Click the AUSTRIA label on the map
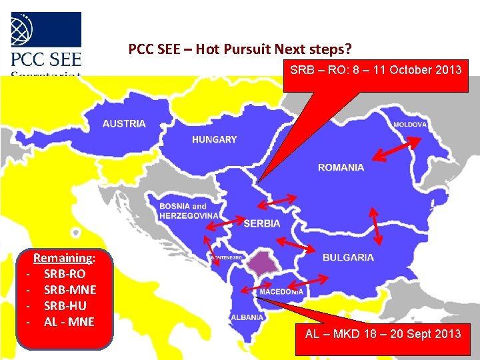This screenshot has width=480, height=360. (x=124, y=123)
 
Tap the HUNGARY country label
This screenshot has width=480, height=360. (x=214, y=139)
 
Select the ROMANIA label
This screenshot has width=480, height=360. (x=341, y=167)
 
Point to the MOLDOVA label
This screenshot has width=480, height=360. (x=410, y=125)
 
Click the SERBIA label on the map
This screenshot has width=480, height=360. (x=262, y=223)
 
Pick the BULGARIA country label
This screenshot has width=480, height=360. (x=348, y=257)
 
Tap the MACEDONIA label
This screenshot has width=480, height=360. (x=281, y=292)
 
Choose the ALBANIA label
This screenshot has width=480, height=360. (x=247, y=317)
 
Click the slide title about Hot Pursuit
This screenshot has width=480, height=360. (x=240, y=49)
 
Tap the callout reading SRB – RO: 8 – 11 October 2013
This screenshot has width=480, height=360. (x=375, y=69)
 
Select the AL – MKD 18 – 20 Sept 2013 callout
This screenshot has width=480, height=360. (x=383, y=333)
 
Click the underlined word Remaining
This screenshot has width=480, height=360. (x=63, y=258)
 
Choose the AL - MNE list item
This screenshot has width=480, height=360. (x=69, y=322)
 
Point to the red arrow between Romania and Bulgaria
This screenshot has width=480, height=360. (x=375, y=227)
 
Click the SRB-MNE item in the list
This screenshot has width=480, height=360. (x=69, y=290)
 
